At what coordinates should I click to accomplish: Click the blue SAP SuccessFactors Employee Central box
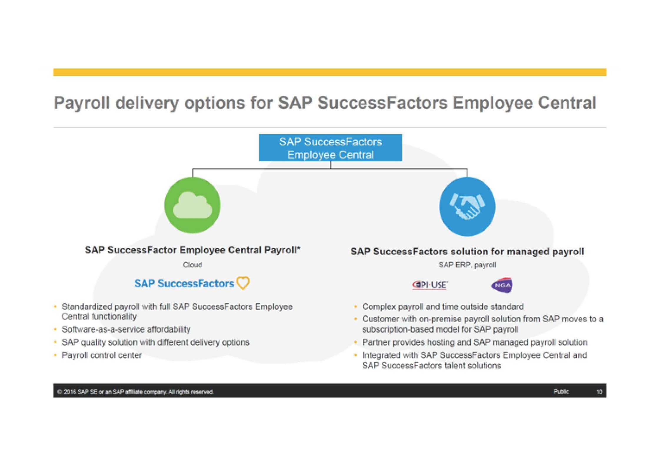coord(330,148)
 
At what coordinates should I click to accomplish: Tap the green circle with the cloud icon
coord(192,205)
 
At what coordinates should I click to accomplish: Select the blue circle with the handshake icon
coord(467,206)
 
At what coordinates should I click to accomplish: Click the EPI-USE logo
coord(430,285)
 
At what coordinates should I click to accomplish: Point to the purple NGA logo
coord(502,285)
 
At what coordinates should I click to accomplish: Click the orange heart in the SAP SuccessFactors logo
coord(243,283)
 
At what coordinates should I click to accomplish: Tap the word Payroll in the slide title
coord(82,103)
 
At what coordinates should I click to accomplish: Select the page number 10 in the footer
coord(599,392)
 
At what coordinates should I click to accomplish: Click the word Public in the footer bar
coord(561,392)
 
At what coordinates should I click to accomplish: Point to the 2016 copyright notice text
coord(135,392)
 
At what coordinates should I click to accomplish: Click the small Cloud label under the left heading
coord(192,265)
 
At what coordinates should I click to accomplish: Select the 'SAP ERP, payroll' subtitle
coord(467,265)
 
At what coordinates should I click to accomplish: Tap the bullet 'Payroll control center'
coord(101,355)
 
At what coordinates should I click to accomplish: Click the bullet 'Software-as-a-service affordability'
coord(126,329)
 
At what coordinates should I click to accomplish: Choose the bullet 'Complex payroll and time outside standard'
coord(443,307)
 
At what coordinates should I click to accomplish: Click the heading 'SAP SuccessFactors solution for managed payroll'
coord(467,252)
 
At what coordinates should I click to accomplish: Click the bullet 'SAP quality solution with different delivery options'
coord(155,342)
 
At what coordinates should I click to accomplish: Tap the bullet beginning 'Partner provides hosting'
coord(475,342)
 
